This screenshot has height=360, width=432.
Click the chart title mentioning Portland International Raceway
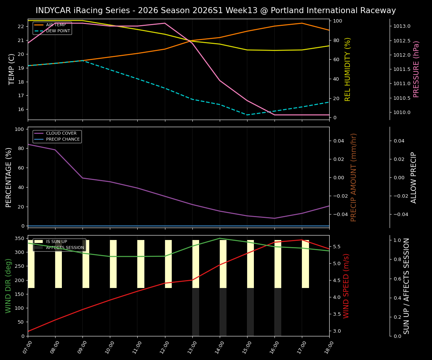click(216, 10)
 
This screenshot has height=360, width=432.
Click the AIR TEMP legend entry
click(56, 25)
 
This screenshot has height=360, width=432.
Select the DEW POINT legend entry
click(58, 31)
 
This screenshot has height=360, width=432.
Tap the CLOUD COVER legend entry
click(61, 133)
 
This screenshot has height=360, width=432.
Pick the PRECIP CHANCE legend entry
click(63, 139)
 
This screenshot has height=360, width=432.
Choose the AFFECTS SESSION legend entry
click(65, 248)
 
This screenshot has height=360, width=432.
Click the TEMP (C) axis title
click(12, 69)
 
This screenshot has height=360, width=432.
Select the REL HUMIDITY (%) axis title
click(348, 69)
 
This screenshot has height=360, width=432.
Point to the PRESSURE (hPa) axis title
click(416, 69)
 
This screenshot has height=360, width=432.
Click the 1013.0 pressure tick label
click(402, 26)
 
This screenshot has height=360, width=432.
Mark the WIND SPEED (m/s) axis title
click(346, 286)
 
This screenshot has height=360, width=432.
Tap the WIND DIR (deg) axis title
click(8, 286)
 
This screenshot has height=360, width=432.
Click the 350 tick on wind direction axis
click(20, 238)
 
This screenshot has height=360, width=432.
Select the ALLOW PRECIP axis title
click(414, 177)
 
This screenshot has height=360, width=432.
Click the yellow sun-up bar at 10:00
click(113, 264)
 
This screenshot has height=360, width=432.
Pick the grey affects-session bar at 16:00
click(278, 312)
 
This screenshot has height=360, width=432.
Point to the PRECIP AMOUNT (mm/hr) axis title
click(354, 177)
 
